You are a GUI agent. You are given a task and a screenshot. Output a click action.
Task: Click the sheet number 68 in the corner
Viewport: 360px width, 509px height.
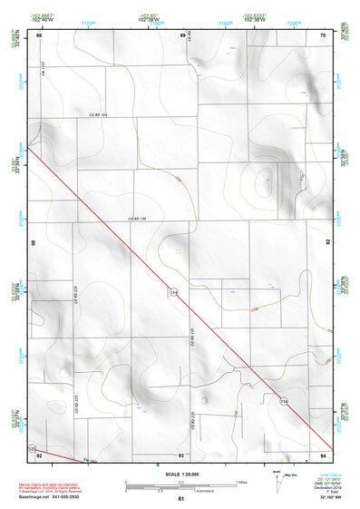[38, 34]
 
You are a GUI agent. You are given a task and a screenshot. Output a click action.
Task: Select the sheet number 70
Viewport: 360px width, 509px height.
[324, 34]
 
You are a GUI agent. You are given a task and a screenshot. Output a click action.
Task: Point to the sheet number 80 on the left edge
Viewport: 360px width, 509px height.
[34, 243]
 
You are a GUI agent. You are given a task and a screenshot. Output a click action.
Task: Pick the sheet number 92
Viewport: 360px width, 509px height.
[38, 455]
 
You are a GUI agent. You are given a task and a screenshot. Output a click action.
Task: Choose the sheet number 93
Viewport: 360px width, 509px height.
[181, 455]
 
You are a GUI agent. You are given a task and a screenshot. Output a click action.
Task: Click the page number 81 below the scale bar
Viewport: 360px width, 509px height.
[181, 499]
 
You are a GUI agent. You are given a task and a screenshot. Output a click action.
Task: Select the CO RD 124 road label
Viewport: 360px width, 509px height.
[98, 116]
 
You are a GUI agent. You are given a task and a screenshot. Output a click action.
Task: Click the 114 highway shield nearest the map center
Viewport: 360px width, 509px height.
[171, 291]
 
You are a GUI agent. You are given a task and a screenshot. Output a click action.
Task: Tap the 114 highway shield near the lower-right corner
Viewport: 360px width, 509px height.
[284, 399]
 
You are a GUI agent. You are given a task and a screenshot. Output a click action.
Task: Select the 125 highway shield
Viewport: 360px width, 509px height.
[33, 449]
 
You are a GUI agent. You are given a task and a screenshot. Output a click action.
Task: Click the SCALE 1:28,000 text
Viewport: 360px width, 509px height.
[181, 474]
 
